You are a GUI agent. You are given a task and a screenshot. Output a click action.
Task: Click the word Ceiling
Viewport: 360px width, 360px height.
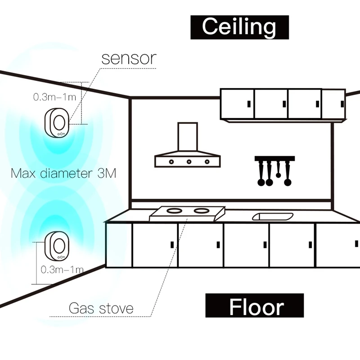click(x=239, y=27)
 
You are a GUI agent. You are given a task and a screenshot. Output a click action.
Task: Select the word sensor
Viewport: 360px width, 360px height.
click(x=129, y=58)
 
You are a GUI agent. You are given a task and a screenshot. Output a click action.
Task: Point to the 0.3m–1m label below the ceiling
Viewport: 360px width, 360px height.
click(x=53, y=96)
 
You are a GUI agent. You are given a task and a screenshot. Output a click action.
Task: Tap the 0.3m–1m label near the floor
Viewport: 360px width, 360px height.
click(x=62, y=270)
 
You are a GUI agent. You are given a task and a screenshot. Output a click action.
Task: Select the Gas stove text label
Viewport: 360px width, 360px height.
click(x=101, y=309)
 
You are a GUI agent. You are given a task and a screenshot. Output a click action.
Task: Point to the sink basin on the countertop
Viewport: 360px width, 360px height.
click(x=273, y=216)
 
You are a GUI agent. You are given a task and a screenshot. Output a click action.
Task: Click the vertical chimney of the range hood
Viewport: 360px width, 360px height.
click(x=187, y=138)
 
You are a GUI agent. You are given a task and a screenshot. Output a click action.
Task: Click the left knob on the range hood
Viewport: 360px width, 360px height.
click(x=171, y=161)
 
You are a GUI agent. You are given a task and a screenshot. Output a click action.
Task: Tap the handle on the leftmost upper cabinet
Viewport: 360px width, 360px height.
click(x=248, y=103)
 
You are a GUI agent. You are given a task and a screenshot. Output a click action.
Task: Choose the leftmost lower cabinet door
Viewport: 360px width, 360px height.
click(x=119, y=245)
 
